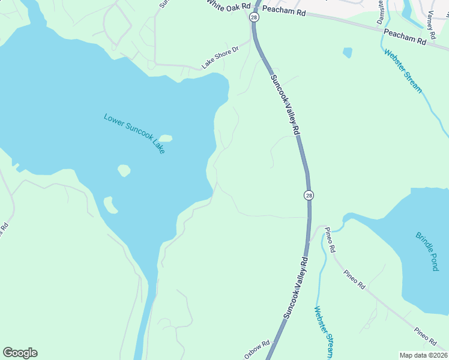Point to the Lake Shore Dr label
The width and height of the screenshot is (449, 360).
(x=220, y=56)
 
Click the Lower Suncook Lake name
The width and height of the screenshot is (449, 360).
(x=134, y=133)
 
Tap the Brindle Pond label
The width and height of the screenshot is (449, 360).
(x=427, y=251)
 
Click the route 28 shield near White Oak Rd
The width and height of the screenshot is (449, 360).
(x=255, y=18)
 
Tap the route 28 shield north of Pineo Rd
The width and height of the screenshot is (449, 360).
(x=309, y=195)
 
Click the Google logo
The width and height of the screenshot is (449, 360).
(x=20, y=353)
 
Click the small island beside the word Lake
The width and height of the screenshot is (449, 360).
(x=165, y=139)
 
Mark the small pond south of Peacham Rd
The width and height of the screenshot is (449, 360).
(x=348, y=52)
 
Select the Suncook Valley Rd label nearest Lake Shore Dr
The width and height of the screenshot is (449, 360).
(x=285, y=107)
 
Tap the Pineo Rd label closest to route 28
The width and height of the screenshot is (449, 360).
(x=329, y=239)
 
